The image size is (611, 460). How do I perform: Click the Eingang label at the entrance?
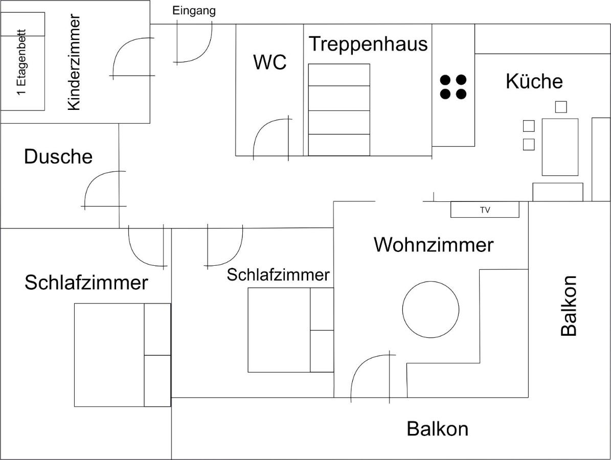(x=194, y=11)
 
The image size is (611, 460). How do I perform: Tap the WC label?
(x=270, y=62)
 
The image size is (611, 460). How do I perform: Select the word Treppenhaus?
(x=368, y=43)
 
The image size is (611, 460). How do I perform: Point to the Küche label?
(x=534, y=81)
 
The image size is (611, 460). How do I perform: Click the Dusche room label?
(x=58, y=156)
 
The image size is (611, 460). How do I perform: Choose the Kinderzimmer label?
(x=74, y=63)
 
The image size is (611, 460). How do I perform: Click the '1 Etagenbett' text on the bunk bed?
(x=22, y=63)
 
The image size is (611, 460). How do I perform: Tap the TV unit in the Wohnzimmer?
(x=485, y=210)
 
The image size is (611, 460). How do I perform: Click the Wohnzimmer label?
(x=434, y=245)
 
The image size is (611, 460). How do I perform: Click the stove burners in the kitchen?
(x=453, y=87)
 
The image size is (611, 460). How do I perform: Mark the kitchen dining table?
(x=560, y=147)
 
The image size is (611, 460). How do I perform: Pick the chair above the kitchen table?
(x=561, y=107)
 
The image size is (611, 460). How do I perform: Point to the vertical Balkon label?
(x=569, y=306)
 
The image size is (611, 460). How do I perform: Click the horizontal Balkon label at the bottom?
(x=437, y=429)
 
